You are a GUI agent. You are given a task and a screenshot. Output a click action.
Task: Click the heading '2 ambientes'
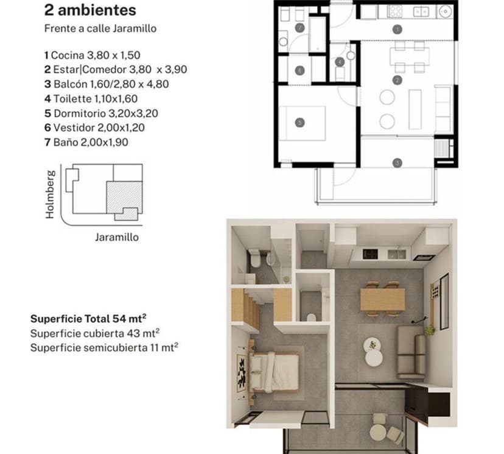pos(90,11)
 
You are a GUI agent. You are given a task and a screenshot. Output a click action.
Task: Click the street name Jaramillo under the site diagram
pos(117,237)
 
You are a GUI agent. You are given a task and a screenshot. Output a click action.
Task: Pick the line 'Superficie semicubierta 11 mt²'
pos(103,348)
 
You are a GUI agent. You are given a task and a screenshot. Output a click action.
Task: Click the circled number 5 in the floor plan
pos(299,122)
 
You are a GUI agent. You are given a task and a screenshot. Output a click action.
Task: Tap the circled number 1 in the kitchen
pos(397,29)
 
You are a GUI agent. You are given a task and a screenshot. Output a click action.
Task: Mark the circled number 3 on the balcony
pos(397,163)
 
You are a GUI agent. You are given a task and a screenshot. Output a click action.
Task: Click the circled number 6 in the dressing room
pos(299,71)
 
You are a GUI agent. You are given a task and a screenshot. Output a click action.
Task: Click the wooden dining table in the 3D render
pos(382,299)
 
